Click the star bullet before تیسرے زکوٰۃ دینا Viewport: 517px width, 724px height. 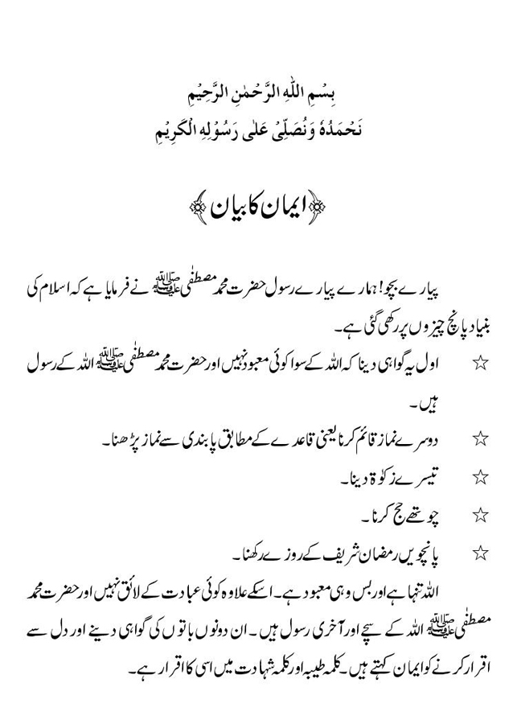pos(481,476)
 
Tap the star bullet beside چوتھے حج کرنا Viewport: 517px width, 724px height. pos(481,513)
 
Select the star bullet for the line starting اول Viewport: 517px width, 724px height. pos(481,363)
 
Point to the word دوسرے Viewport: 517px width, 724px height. pos(430,439)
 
